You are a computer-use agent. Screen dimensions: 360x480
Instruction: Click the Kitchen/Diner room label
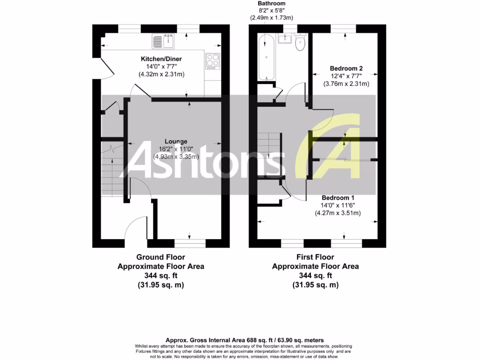tap(161, 59)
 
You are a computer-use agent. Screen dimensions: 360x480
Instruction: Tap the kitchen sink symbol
tap(163, 42)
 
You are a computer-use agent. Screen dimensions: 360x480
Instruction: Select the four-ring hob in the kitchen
tap(212, 61)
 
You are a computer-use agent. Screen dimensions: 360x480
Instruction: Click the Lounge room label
tap(176, 141)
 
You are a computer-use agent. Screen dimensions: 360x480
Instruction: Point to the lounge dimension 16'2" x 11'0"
tap(176, 149)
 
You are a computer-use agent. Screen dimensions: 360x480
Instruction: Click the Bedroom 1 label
tap(337, 198)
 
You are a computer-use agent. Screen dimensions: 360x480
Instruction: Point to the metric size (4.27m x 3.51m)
tap(337, 213)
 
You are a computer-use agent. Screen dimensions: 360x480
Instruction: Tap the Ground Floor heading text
tap(160, 257)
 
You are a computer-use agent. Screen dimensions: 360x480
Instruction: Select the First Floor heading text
tap(315, 257)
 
